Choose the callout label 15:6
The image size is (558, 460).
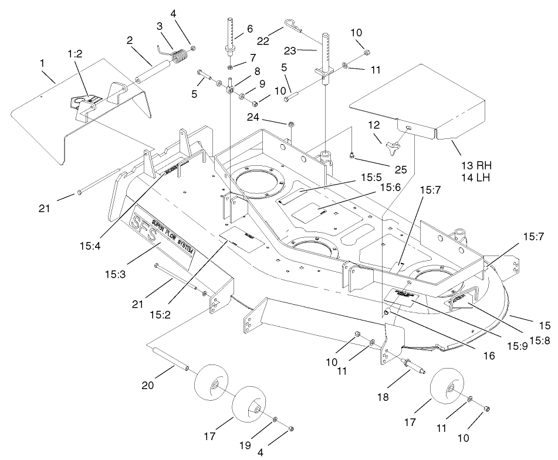point(390,187)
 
